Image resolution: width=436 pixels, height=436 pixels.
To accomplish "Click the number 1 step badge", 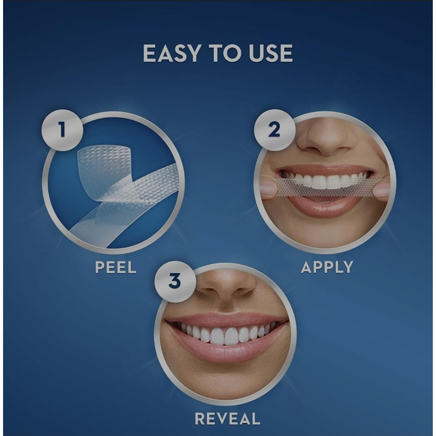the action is point(62,130).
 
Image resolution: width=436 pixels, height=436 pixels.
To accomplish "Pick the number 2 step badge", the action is point(274,130).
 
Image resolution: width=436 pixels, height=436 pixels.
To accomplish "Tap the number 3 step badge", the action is point(175,281).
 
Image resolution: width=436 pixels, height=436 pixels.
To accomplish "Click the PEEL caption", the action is point(116,267).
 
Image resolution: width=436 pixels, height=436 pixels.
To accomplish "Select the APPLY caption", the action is point(327,267).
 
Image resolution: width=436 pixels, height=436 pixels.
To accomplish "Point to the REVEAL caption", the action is point(228,419).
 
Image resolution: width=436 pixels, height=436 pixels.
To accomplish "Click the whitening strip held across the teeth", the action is point(325,187).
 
